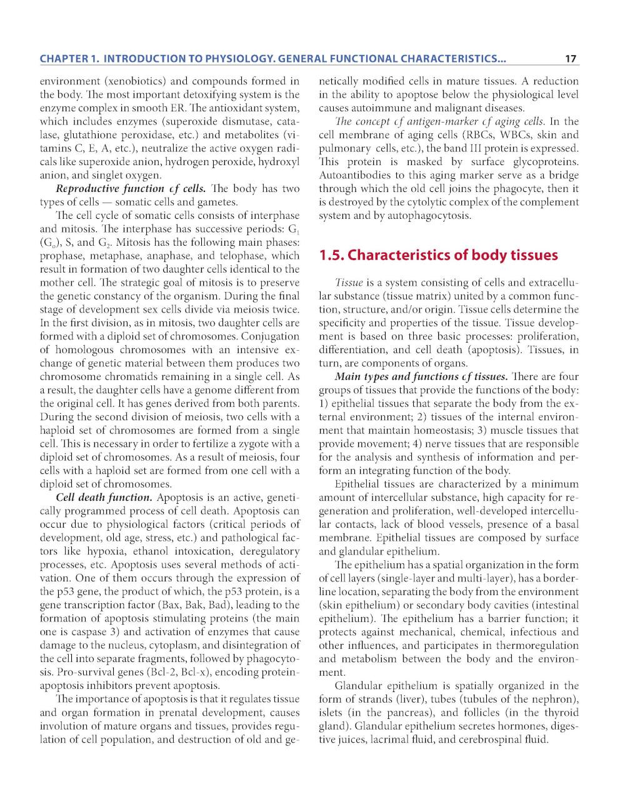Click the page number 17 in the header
(x=570, y=59)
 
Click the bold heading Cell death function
(x=104, y=498)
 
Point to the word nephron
(x=556, y=699)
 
